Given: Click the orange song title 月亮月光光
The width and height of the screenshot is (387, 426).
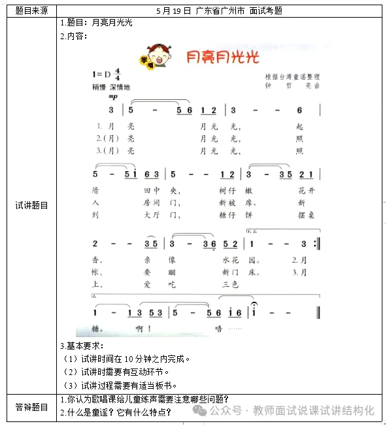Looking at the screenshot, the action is pyautogui.click(x=222, y=57).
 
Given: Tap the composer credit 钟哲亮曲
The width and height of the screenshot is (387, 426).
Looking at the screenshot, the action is pyautogui.click(x=292, y=85).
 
